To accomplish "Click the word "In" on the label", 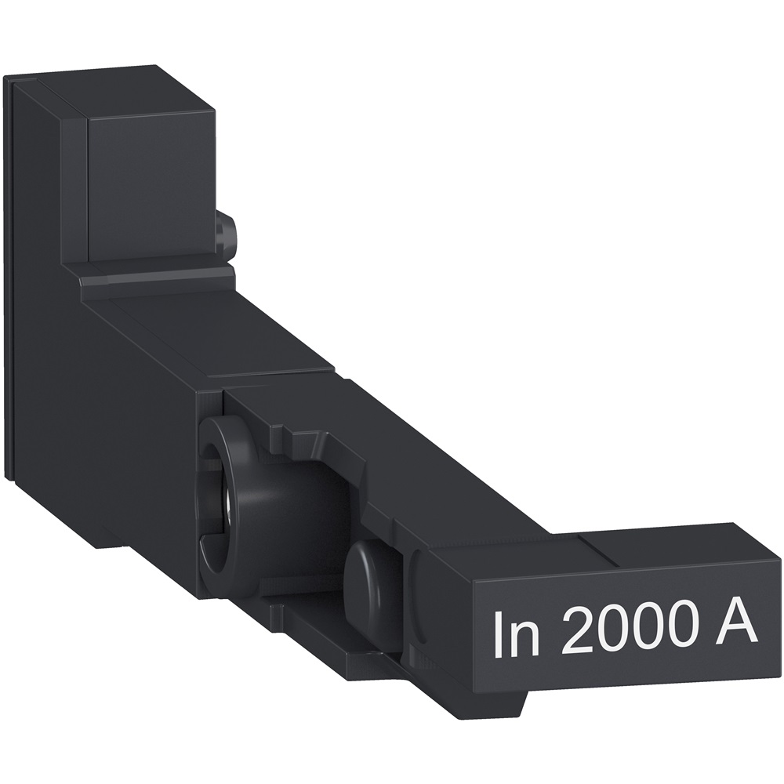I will coord(517,633).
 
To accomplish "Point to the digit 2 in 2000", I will coord(578,632).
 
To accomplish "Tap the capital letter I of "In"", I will coord(498,633).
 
